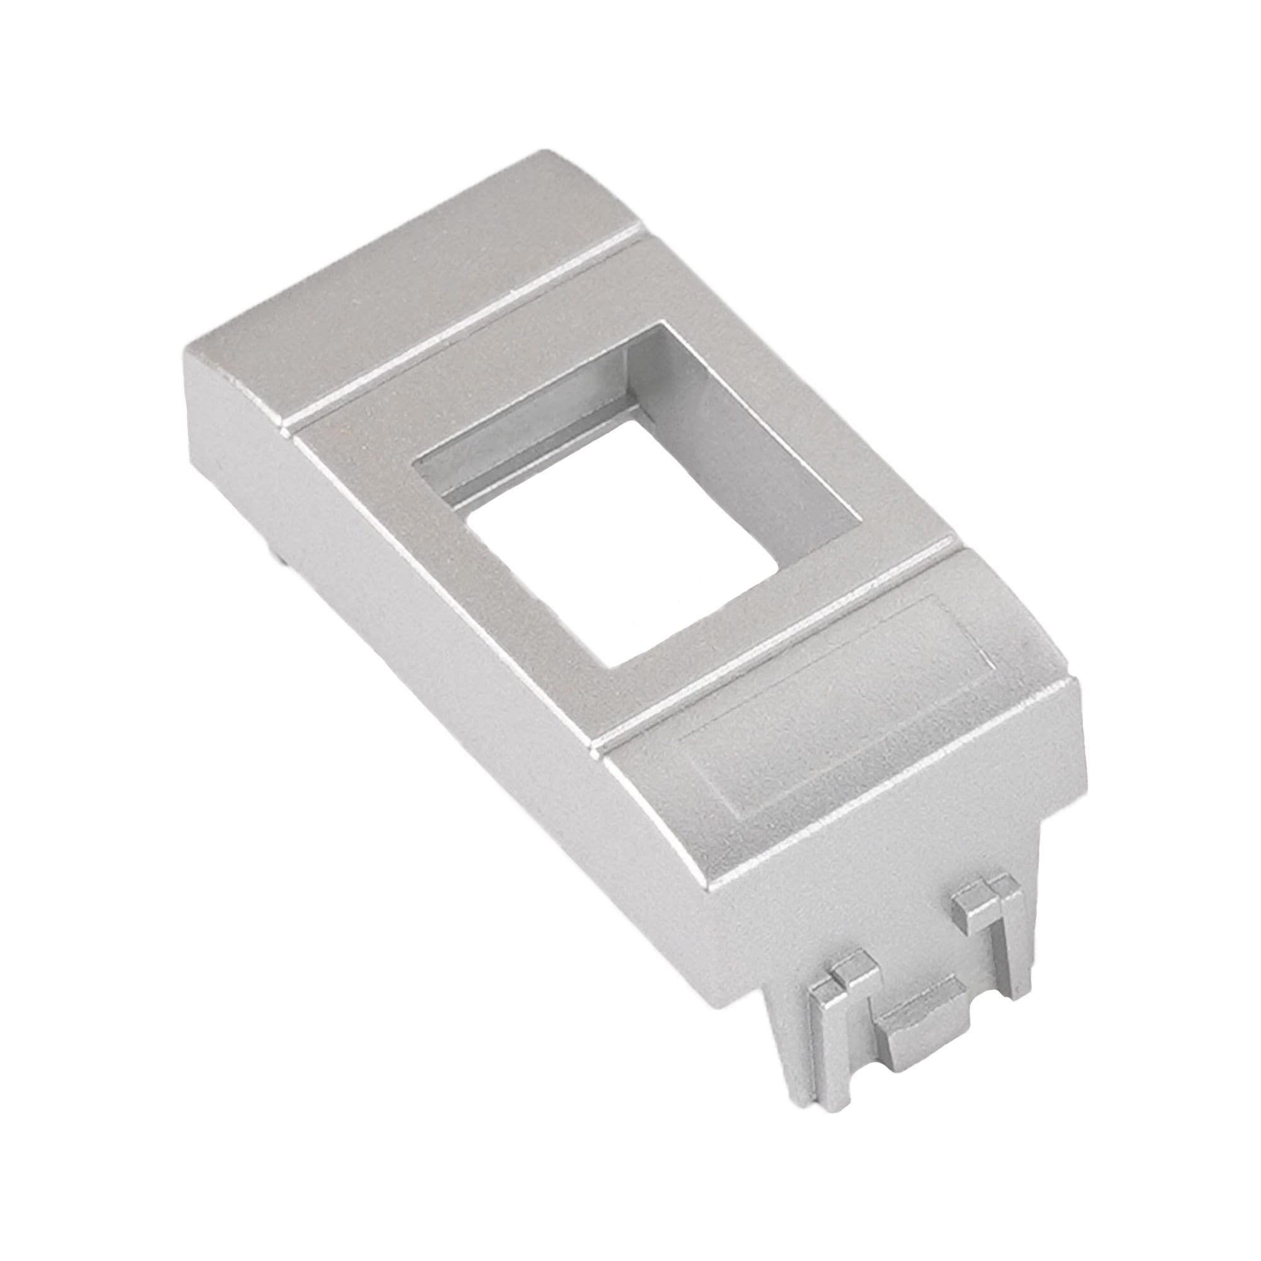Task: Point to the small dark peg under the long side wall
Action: pos(277,558)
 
